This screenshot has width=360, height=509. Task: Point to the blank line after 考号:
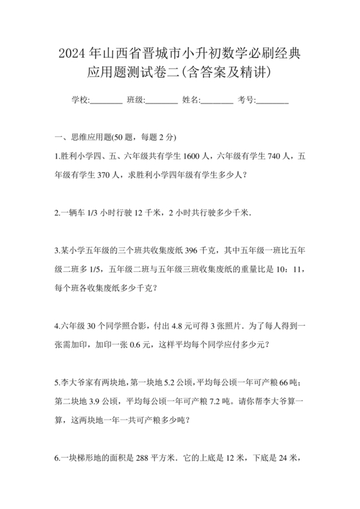click(x=273, y=100)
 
